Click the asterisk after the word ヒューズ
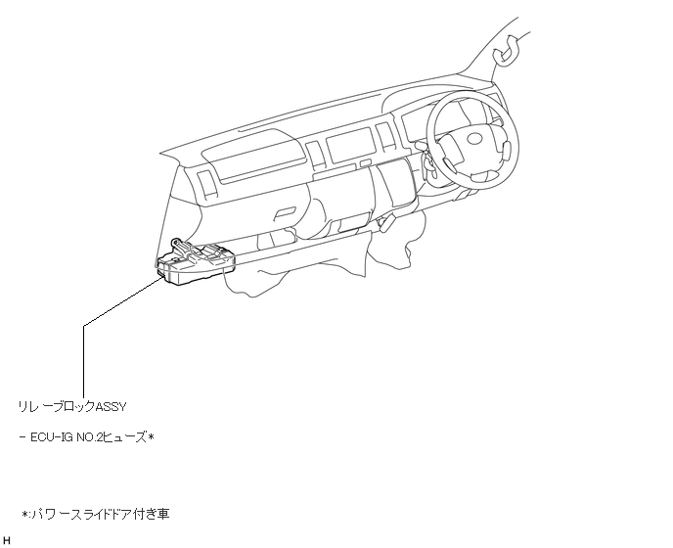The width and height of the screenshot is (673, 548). tap(152, 435)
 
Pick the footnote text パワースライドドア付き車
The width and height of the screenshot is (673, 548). tap(99, 513)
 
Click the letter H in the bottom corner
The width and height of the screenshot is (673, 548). tap(6, 539)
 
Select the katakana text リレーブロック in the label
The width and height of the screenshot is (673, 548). tap(54, 405)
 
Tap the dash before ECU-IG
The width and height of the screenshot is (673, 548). tap(22, 435)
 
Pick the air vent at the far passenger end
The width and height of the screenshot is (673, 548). tap(208, 184)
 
